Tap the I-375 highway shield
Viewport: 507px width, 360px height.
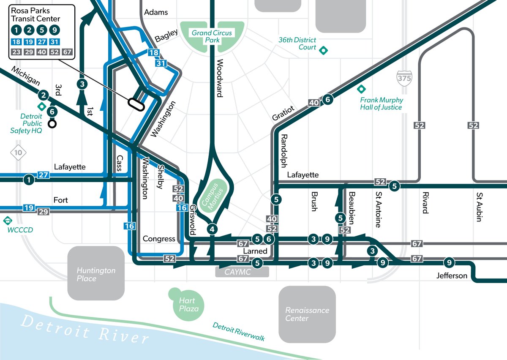pos(404,78)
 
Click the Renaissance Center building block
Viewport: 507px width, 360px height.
pos(307,314)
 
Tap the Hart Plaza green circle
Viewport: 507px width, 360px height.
pos(186,304)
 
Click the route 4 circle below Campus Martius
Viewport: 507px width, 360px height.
pos(213,229)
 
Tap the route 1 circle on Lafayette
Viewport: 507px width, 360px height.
pos(28,180)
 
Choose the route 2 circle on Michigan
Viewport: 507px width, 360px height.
pos(43,95)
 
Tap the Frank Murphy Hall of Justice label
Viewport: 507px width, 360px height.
pos(382,104)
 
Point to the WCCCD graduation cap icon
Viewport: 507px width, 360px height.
pos(7,221)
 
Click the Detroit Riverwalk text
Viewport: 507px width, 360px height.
pos(238,332)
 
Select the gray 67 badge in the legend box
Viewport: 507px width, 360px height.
pos(67,52)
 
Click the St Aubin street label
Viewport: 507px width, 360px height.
pos(479,207)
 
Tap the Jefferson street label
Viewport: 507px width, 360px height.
pos(452,275)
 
